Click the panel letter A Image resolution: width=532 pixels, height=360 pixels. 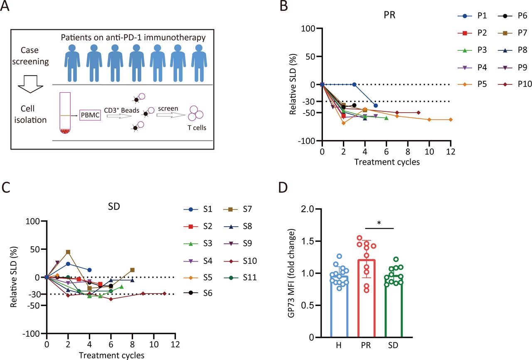point(6,7)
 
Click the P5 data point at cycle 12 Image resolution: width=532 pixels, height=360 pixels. point(451,120)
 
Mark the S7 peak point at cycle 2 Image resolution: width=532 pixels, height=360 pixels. point(68,252)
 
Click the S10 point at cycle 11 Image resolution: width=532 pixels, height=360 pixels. point(165,293)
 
